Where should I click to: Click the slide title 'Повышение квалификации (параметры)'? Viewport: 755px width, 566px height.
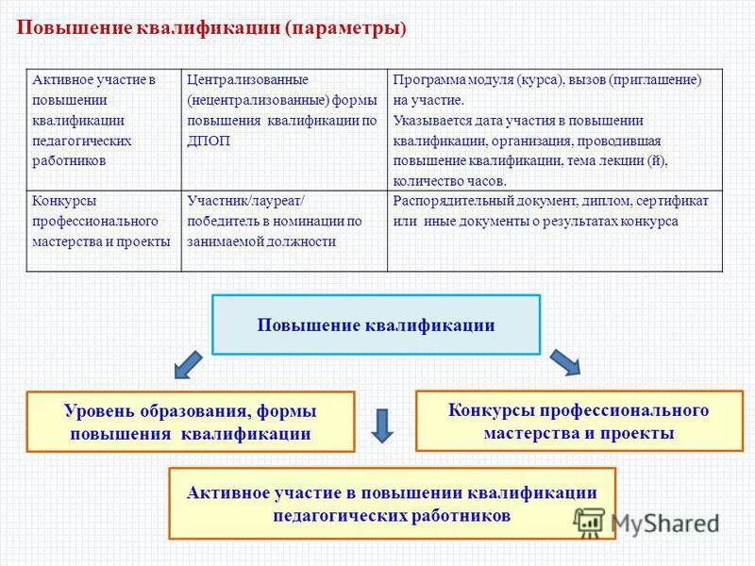212,28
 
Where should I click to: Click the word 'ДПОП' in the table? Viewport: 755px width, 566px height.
209,141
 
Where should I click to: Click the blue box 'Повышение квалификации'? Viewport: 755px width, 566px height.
376,325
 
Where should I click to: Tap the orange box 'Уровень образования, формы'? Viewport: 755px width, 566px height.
190,422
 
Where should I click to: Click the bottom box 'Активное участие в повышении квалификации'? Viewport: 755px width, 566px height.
391,504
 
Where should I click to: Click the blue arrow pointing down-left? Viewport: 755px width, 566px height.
188,362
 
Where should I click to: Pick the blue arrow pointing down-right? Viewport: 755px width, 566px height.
565,362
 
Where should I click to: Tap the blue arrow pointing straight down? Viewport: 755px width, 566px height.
381,424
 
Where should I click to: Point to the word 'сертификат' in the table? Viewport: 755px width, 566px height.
678,201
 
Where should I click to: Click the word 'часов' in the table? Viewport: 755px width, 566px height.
484,180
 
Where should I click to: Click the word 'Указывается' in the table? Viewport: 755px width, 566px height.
426,121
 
